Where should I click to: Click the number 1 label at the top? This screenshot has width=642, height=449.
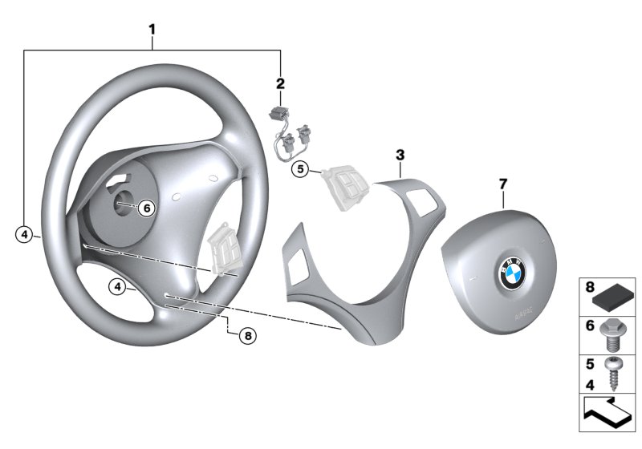(152, 30)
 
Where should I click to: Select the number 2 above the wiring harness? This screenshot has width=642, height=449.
(280, 83)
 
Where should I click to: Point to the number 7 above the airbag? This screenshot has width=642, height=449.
(503, 184)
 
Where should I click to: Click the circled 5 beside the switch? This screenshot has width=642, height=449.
(300, 169)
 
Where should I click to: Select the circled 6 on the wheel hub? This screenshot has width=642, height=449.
(145, 208)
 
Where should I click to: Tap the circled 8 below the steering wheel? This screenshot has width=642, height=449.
(247, 337)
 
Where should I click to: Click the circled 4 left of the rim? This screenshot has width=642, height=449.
(26, 234)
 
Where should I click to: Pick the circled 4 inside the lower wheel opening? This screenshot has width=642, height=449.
(118, 285)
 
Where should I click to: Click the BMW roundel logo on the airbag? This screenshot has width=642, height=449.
(511, 275)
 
